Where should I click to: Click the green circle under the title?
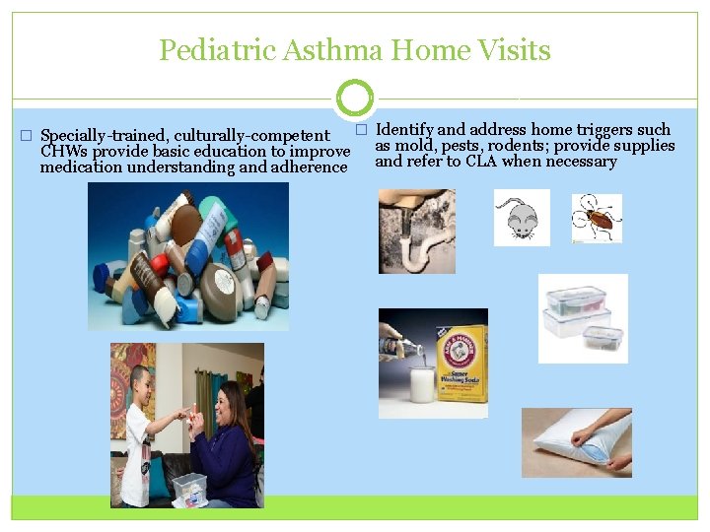(x=354, y=99)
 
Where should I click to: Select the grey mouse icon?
(x=522, y=218)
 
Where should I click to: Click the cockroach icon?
(x=598, y=218)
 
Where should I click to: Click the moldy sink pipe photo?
(x=417, y=232)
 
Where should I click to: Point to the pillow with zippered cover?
(x=577, y=442)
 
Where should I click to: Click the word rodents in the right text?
(x=518, y=146)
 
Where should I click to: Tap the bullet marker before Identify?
(x=361, y=130)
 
